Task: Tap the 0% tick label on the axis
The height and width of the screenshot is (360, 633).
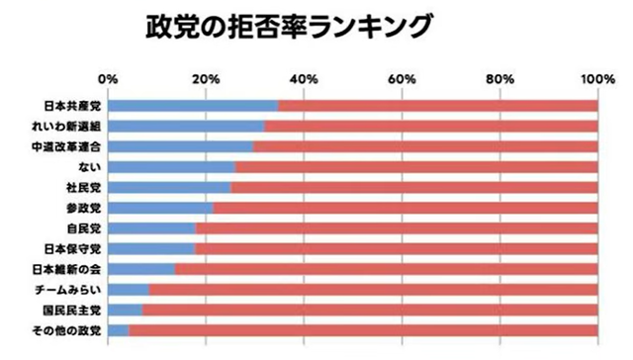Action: point(109,78)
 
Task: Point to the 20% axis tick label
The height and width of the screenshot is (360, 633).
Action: point(206,78)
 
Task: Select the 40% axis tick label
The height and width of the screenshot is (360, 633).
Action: point(304,78)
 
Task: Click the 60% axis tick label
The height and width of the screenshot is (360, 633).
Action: point(402,78)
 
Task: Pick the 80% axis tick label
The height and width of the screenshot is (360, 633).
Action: point(499,78)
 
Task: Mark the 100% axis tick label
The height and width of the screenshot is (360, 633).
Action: point(596,78)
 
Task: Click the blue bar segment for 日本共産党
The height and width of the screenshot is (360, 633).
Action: point(193,106)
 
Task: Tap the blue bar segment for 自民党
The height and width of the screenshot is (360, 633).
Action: point(151,228)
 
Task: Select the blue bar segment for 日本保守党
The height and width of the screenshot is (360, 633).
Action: point(151,248)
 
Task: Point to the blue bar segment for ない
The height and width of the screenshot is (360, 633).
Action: point(171,167)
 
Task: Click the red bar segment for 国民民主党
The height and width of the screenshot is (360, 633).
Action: point(370,310)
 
